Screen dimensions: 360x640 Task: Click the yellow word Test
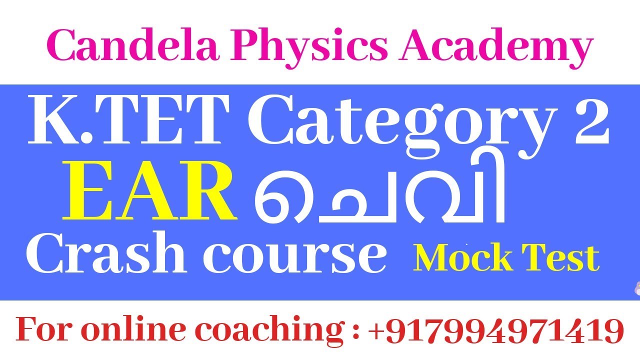pos(563,258)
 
